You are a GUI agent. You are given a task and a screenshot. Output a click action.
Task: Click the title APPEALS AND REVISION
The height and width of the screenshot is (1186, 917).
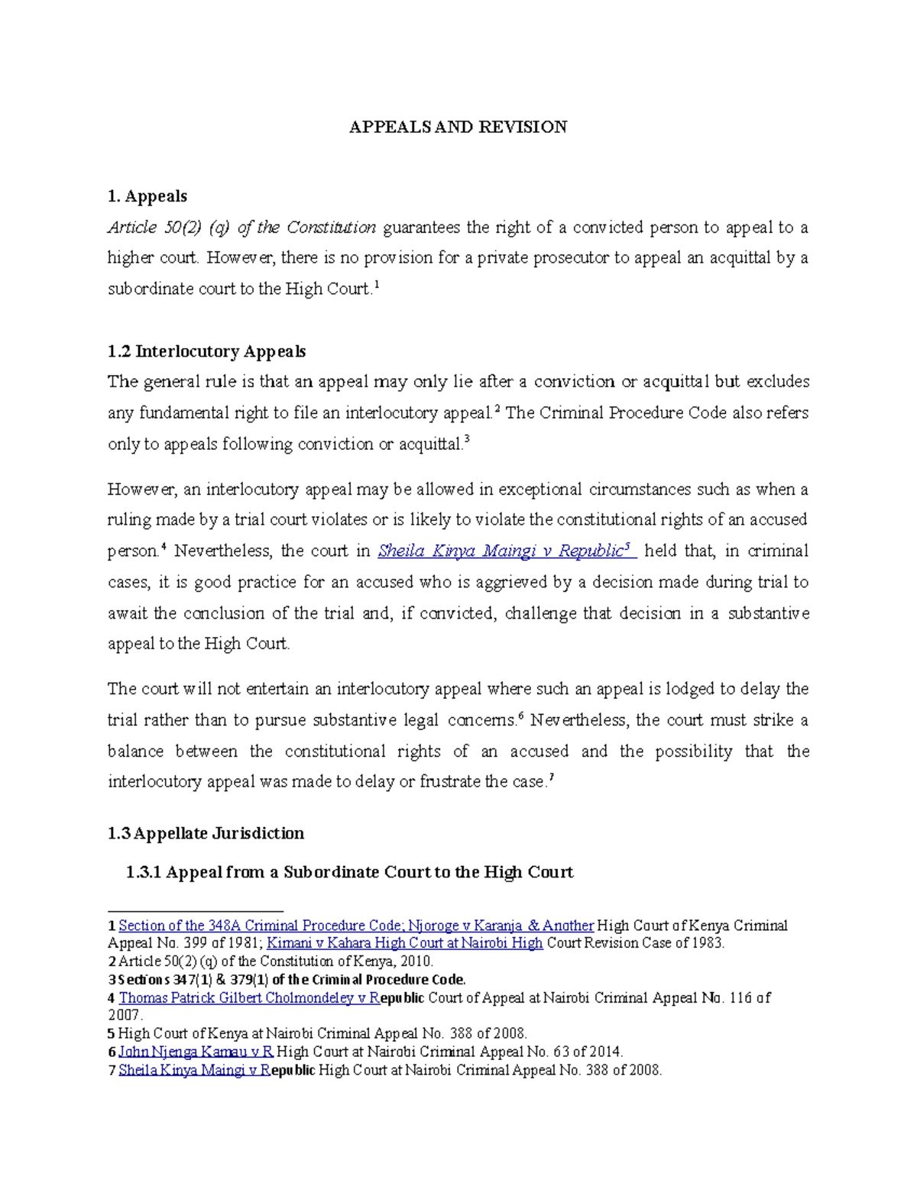(x=458, y=128)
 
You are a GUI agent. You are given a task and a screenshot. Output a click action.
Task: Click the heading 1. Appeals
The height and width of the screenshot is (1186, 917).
(x=147, y=196)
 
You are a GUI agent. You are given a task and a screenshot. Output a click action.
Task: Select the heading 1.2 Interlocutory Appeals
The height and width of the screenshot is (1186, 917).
(x=206, y=351)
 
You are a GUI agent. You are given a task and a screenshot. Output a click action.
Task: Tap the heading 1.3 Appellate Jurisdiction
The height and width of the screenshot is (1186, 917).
(x=206, y=833)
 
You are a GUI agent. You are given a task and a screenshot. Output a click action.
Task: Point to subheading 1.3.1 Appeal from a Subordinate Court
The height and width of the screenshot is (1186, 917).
(x=349, y=872)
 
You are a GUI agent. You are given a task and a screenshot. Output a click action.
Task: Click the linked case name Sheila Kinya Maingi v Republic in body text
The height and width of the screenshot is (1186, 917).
(x=501, y=551)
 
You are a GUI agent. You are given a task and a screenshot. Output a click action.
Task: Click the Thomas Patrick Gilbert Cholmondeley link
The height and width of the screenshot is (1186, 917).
(x=249, y=997)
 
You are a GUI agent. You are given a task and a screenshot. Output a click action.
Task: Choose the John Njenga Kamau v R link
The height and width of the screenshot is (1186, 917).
(x=196, y=1052)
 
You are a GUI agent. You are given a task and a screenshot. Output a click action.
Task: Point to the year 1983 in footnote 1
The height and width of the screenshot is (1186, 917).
(x=706, y=943)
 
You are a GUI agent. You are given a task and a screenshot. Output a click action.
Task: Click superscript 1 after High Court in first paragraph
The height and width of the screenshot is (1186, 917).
(x=376, y=285)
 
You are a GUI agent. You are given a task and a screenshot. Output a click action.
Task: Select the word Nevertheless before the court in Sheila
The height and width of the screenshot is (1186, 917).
(x=223, y=551)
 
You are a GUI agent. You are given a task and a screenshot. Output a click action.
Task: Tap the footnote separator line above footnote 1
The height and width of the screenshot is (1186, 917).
(x=195, y=911)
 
